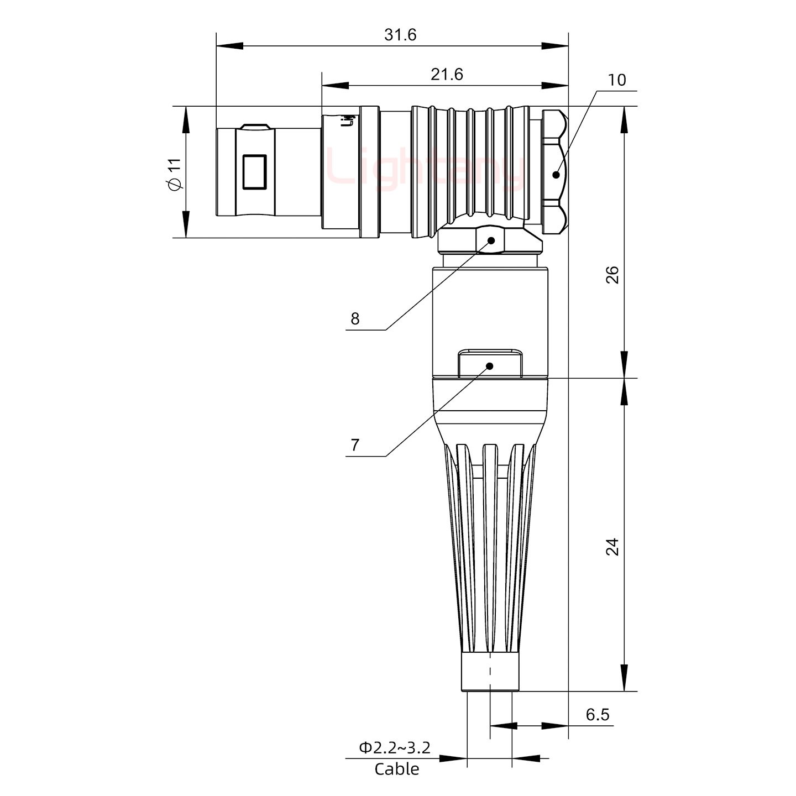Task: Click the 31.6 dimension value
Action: click(x=400, y=35)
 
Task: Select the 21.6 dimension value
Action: click(x=447, y=74)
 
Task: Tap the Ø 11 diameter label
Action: click(x=174, y=174)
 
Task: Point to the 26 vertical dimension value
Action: click(x=612, y=275)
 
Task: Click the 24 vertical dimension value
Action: click(x=612, y=547)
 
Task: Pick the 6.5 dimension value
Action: click(x=597, y=715)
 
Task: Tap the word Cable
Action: click(x=396, y=769)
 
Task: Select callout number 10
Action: click(x=617, y=80)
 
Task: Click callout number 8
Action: click(x=355, y=318)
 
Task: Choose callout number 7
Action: click(x=355, y=445)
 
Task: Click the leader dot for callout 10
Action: click(x=556, y=175)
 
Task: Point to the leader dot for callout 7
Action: click(x=489, y=365)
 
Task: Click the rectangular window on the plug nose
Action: click(x=255, y=172)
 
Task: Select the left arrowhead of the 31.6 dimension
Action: click(x=229, y=46)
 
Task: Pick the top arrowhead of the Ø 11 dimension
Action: click(x=185, y=119)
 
